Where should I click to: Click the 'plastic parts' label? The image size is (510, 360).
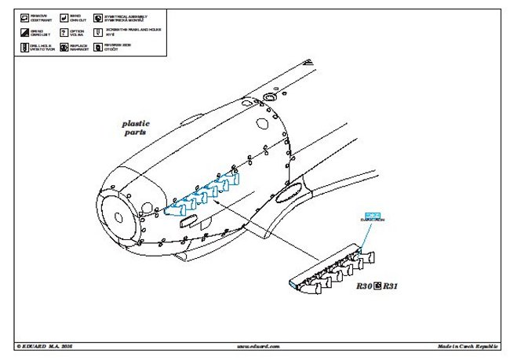[x=136, y=128]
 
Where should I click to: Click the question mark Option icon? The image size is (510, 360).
[x=62, y=32]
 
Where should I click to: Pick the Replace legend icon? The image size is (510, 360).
[x=62, y=47]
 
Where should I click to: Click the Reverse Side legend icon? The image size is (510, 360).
[x=97, y=47]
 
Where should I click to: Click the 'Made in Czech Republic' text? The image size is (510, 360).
[x=470, y=346]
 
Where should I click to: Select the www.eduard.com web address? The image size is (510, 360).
[x=257, y=346]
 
